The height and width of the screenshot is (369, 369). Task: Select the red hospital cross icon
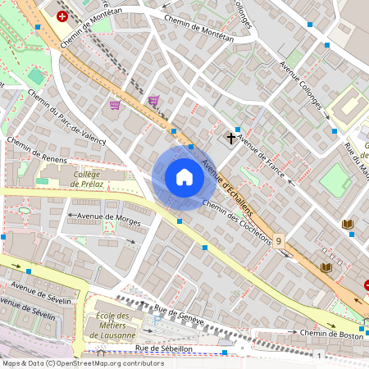[x=62, y=16]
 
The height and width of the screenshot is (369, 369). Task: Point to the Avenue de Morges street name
[x=102, y=219]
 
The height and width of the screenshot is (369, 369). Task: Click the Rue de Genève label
[x=178, y=315]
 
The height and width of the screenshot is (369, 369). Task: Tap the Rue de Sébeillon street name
[x=165, y=348]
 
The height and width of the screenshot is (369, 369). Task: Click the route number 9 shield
[x=280, y=241]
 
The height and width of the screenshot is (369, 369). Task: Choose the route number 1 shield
[x=318, y=354]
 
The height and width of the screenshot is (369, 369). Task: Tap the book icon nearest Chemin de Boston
[x=326, y=267]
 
